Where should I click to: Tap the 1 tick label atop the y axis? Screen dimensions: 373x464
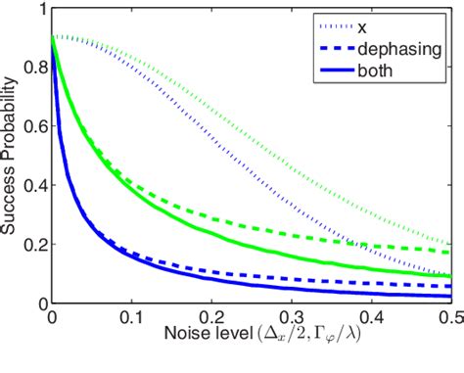click(x=38, y=10)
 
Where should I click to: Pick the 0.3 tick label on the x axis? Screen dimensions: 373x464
click(x=291, y=317)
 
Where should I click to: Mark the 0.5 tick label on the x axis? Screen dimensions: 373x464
click(x=450, y=317)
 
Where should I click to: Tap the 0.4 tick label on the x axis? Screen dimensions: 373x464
click(x=371, y=317)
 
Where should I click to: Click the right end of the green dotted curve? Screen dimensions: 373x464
click(x=451, y=243)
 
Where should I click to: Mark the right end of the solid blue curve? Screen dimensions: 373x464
click(x=451, y=296)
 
